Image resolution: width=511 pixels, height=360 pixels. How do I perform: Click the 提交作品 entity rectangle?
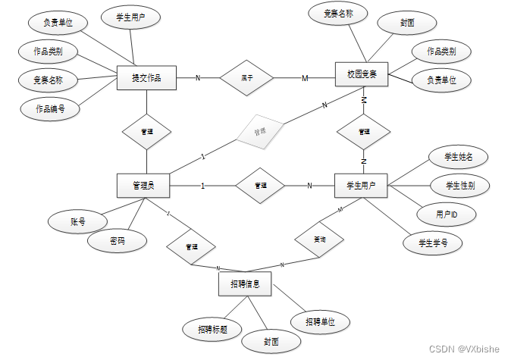coord(147,77)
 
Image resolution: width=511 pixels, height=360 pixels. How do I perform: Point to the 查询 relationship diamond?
coord(319,238)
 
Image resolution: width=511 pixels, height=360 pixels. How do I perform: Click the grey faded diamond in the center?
coord(259,132)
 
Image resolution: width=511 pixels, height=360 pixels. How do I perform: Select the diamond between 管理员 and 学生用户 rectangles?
coord(259,186)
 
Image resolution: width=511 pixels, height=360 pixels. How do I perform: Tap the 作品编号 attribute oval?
coord(50,108)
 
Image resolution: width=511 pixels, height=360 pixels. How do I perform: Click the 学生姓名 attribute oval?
coord(456,157)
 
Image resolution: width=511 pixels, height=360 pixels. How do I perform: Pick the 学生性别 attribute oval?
coord(457,186)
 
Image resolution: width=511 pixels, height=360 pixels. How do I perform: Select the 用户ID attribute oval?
coord(446,214)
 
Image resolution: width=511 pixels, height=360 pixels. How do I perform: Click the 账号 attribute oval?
coord(77,222)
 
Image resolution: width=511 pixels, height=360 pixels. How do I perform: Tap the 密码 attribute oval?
coord(117,241)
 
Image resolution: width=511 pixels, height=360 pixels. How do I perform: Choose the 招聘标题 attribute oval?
coord(212,329)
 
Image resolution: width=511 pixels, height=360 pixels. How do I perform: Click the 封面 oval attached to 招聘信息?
coord(271,342)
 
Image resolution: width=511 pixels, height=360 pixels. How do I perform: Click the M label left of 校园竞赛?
coord(306,78)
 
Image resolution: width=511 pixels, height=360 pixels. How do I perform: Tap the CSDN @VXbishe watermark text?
coord(464,349)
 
